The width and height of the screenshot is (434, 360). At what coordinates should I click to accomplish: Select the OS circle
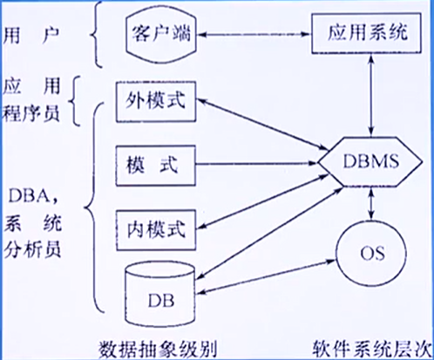[366, 254]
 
